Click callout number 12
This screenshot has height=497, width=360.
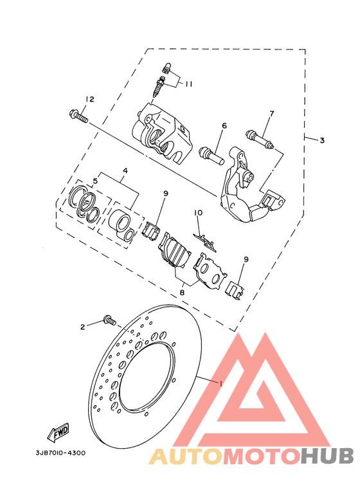(90, 99)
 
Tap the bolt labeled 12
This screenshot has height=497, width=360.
(78, 116)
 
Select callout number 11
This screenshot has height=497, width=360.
(188, 84)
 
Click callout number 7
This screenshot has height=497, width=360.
(271, 113)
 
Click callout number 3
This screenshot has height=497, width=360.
(321, 140)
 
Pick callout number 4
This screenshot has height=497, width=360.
(125, 170)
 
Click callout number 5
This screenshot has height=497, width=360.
(95, 181)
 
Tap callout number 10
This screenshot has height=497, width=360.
(199, 212)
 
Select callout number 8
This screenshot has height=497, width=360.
(182, 293)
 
